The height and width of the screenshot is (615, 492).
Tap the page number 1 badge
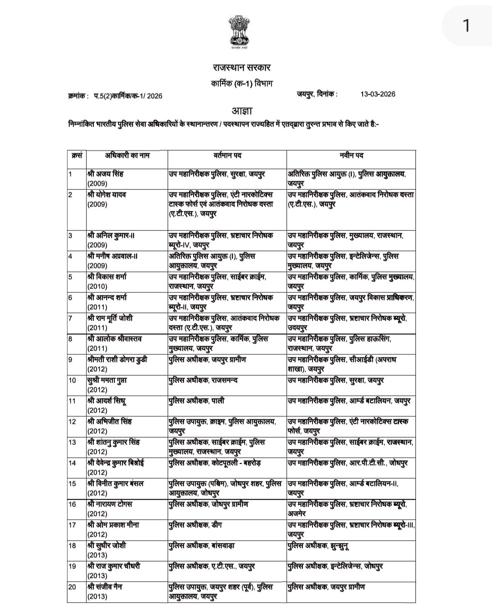pos(466,26)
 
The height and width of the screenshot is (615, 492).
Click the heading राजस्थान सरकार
pos(241,67)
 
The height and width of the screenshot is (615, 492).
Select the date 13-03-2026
pos(378,94)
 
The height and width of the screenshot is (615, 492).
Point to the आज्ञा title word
pos(242,111)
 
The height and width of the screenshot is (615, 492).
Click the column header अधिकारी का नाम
pos(127,155)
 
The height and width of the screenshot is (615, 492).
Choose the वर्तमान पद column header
pos(227,155)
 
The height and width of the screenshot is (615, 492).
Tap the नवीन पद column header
pos(351,155)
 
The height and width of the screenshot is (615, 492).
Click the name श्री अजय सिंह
pos(105,174)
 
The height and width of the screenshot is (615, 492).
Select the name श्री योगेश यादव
pos(107,195)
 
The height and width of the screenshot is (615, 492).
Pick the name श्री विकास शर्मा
pos(107,277)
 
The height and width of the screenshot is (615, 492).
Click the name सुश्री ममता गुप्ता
pos(107,380)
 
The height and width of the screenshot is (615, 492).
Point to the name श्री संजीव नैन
pos(105,587)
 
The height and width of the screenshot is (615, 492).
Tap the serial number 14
pos(72,463)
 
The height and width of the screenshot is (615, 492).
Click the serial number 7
pos(71,318)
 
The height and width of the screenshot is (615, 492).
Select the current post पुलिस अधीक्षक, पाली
pos(196,401)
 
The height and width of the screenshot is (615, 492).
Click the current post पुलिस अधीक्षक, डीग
pos(195,525)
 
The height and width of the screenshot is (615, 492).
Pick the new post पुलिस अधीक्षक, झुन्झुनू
pos(318,546)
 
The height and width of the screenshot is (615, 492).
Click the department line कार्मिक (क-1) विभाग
pos(242,84)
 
